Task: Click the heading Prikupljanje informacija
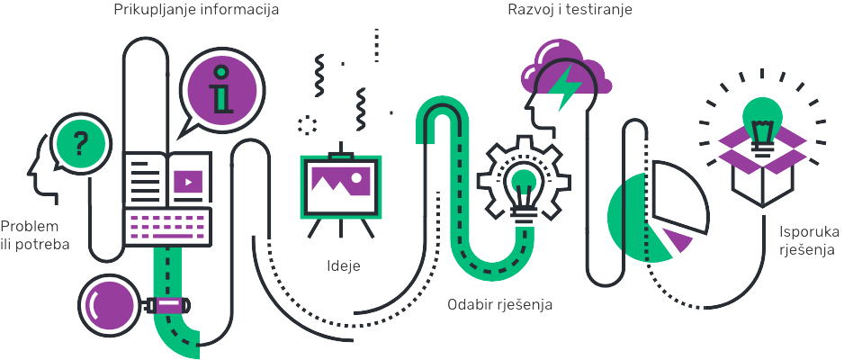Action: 196,12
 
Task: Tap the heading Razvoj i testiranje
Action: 570,12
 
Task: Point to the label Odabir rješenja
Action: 499,304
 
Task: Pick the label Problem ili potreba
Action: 35,235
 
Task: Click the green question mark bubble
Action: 81,142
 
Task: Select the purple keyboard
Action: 166,227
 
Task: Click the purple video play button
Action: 188,181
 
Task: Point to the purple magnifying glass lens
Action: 109,302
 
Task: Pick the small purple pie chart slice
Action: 679,240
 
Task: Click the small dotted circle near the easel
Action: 308,124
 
